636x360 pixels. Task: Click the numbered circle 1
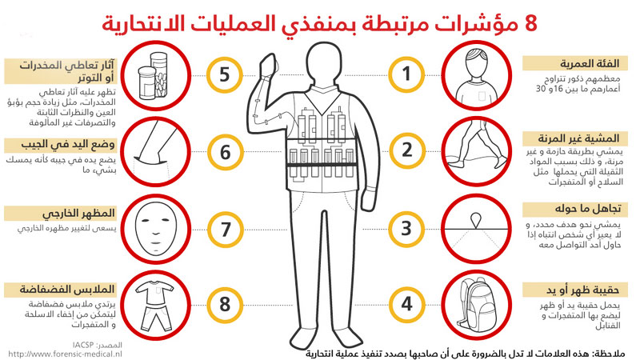tap(406, 74)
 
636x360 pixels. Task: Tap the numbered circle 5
tap(225, 75)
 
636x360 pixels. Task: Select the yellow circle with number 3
tap(406, 229)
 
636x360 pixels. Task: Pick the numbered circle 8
tap(225, 305)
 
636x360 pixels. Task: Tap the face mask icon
tap(156, 229)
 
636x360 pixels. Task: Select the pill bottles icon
tap(154, 76)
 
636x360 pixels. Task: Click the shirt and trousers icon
tap(154, 306)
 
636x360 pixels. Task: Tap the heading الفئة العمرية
tap(590, 64)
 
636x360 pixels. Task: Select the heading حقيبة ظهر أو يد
tap(582, 290)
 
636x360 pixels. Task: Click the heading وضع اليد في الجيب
tap(68, 144)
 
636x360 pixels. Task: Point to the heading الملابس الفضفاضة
tap(67, 290)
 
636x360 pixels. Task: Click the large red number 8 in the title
tap(530, 23)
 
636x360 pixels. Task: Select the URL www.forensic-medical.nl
tap(65, 354)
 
